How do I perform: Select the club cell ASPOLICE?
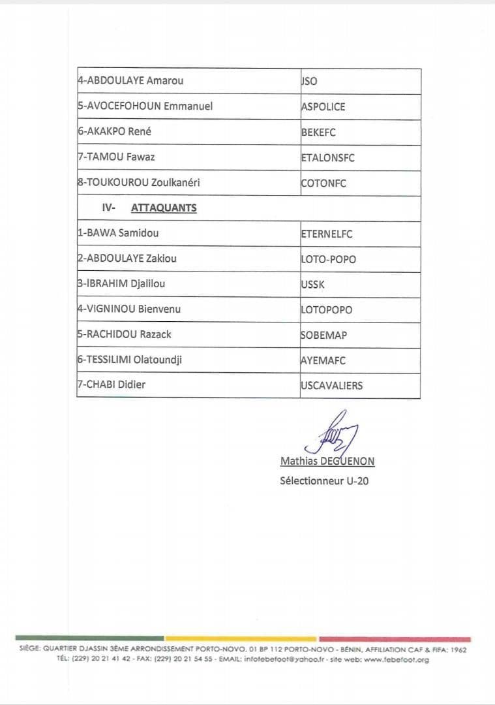(x=323, y=106)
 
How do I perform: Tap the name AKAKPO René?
(x=114, y=131)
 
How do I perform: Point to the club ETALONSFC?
(x=327, y=157)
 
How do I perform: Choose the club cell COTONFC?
(x=323, y=183)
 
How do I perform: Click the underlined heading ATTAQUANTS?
(x=164, y=208)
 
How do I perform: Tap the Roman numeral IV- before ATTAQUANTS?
(x=109, y=208)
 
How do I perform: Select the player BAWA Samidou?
(x=118, y=232)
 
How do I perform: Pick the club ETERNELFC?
(x=326, y=234)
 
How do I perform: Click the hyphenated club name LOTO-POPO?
(x=328, y=259)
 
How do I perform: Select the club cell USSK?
(x=312, y=285)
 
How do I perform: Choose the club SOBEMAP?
(x=323, y=335)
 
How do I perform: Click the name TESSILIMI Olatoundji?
(x=130, y=359)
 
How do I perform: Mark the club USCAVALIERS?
(x=331, y=385)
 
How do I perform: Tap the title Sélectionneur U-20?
(x=325, y=481)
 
